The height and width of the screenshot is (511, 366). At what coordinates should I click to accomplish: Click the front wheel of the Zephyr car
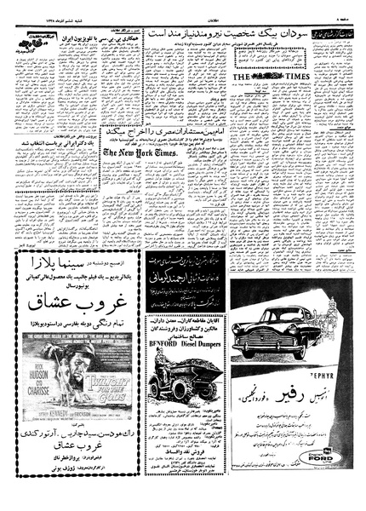tap(254, 350)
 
